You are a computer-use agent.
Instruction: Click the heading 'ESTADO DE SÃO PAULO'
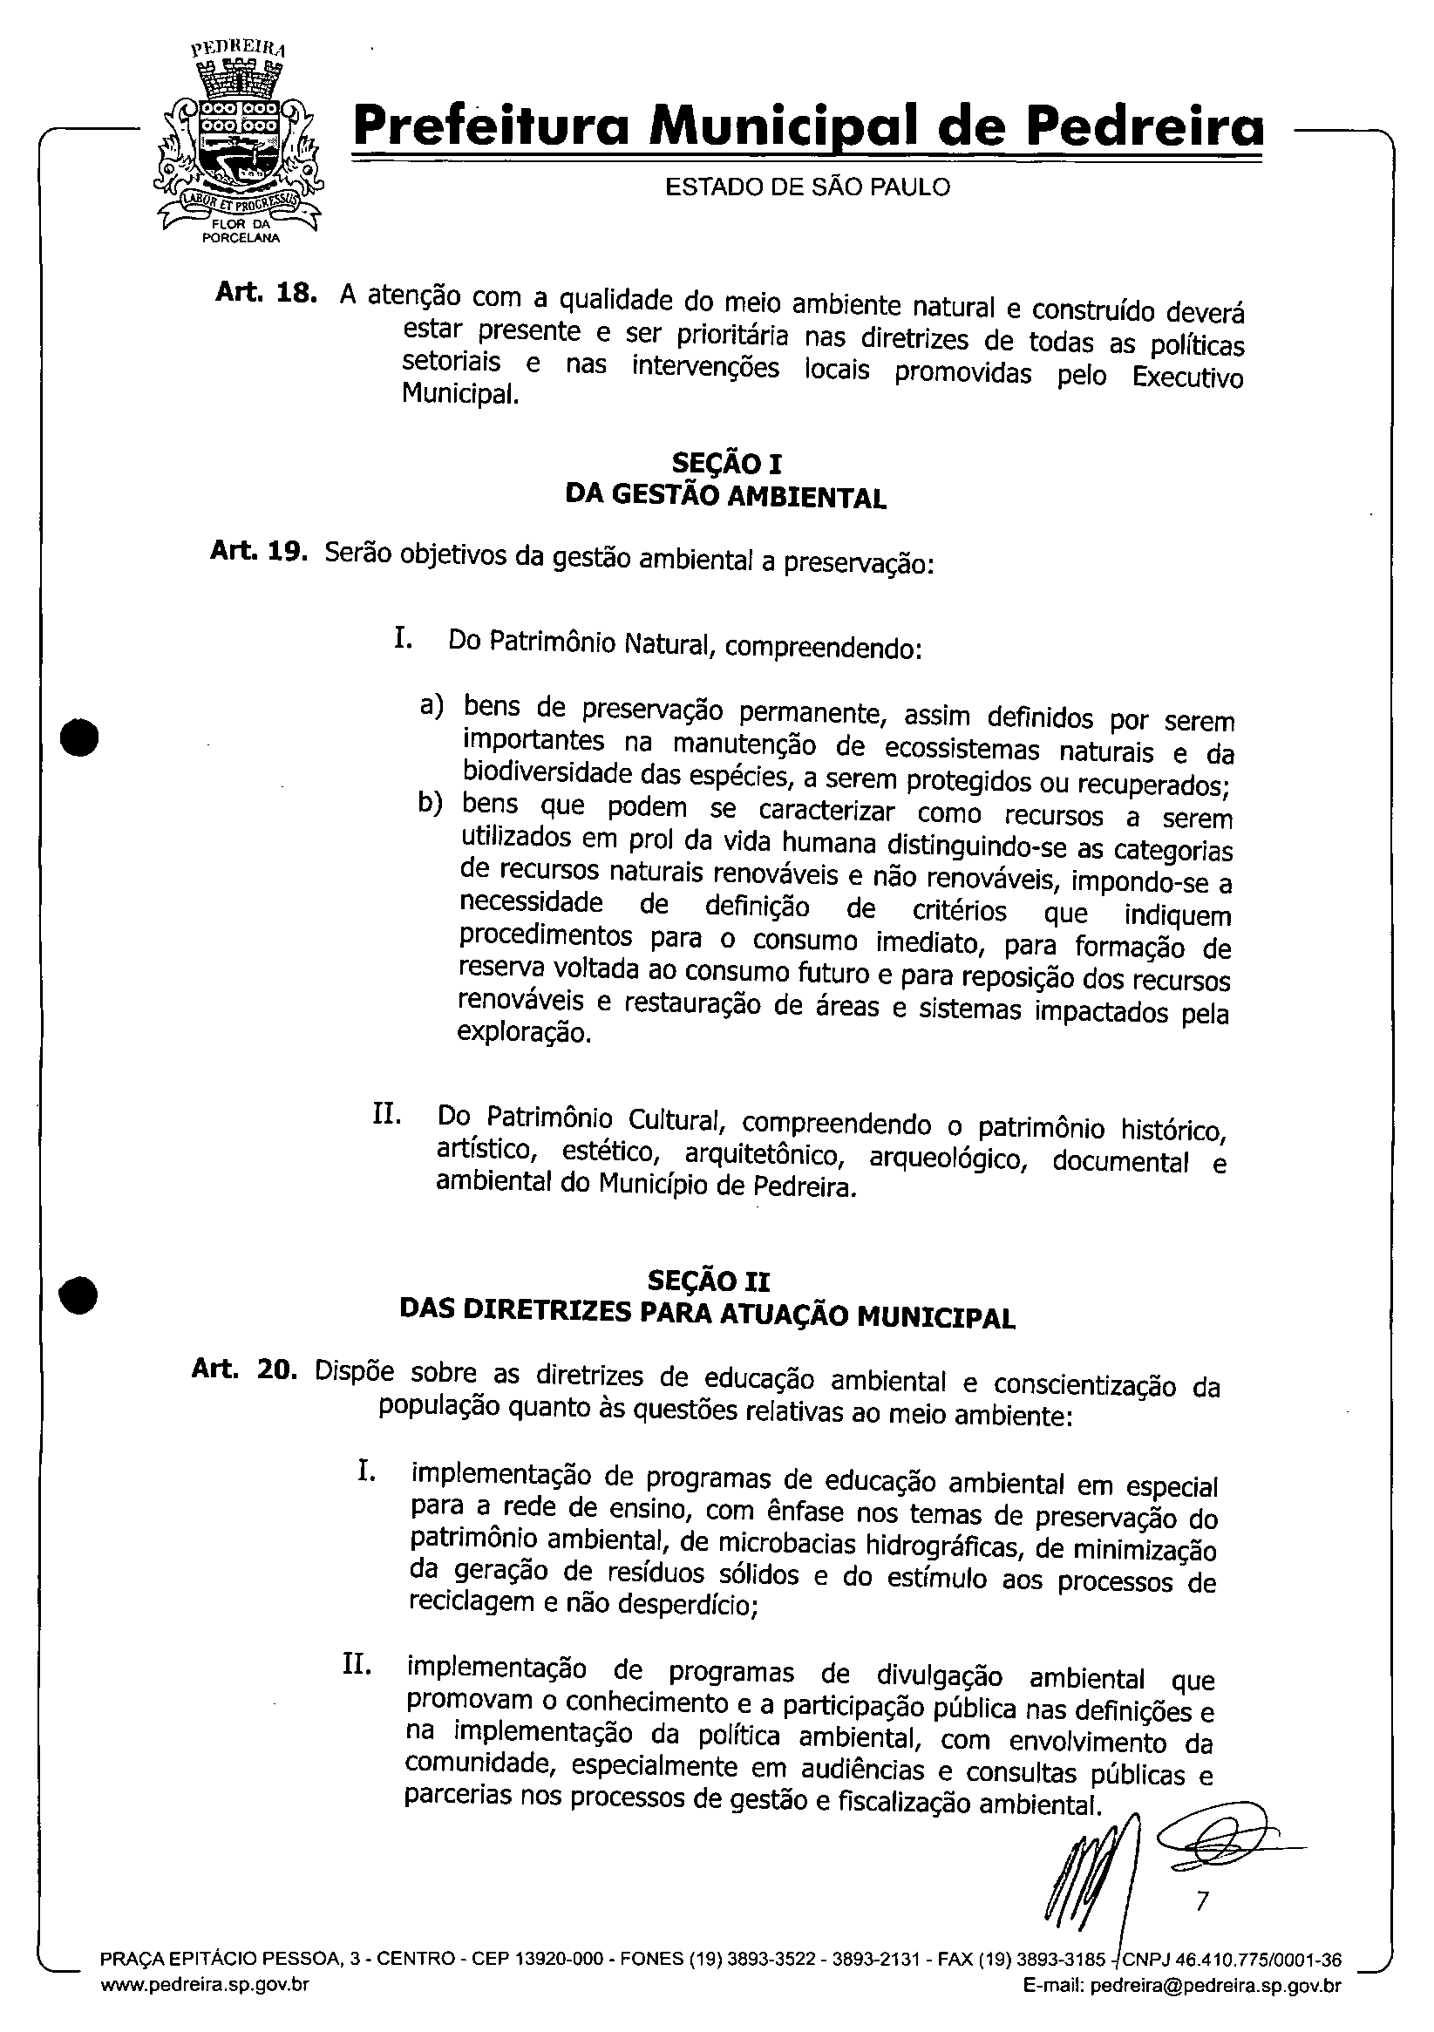806,187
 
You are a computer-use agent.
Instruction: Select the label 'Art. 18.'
266,293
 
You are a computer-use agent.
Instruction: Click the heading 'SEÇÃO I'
726,463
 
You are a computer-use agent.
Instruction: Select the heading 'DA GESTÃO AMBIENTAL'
725,498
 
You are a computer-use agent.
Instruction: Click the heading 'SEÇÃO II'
708,1281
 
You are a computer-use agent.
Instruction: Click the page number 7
1201,1899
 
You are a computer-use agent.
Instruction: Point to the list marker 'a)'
432,705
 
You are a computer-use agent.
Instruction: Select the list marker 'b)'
431,804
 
